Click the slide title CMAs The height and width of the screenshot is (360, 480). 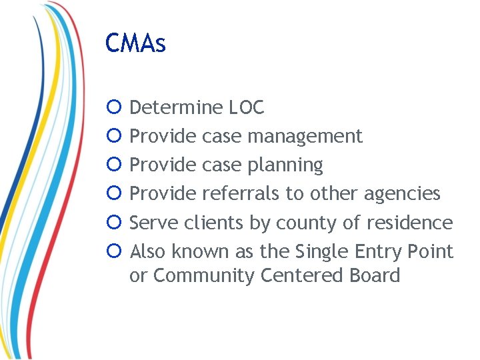pos(135,44)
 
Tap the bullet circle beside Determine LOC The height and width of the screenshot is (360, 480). pos(114,107)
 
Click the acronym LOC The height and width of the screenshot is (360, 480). pos(247,107)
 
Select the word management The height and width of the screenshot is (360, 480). pos(305,137)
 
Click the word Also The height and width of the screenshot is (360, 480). pos(148,252)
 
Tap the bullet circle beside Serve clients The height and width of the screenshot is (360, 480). pos(114,223)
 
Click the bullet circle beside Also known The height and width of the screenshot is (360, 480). pos(114,252)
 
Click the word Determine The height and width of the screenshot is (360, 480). pos(176,107)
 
